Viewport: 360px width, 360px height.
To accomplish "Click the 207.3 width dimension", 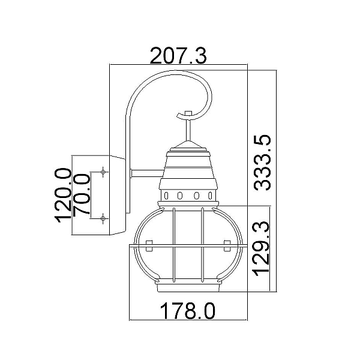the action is (178, 56).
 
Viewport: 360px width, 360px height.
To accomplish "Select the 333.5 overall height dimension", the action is (262, 163).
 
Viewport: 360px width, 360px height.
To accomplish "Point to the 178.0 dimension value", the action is (188, 311).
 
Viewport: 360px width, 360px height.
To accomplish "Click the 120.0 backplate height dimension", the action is (62, 195).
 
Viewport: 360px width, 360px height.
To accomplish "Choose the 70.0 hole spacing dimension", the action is (81, 194).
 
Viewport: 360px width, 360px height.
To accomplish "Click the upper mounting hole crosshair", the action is (103, 172).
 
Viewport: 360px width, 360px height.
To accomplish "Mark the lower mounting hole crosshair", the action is (103, 218).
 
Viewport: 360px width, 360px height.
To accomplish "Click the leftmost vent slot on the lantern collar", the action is (166, 196).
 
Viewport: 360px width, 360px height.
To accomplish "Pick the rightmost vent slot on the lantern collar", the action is (210, 196).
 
